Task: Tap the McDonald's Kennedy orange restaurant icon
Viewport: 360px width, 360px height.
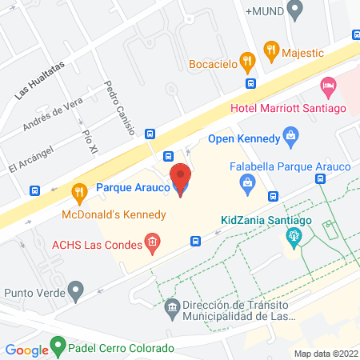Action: [x=78, y=192]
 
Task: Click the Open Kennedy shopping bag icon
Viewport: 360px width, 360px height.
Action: [x=290, y=138]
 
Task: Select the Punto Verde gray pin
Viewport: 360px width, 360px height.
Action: [x=76, y=290]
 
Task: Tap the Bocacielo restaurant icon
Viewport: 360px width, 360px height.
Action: [x=248, y=58]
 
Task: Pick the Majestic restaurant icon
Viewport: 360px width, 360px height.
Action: [x=272, y=50]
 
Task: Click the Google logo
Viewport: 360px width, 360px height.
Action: [x=26, y=350]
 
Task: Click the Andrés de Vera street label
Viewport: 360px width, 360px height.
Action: [x=53, y=118]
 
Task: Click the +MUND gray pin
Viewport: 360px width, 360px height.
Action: [x=294, y=11]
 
